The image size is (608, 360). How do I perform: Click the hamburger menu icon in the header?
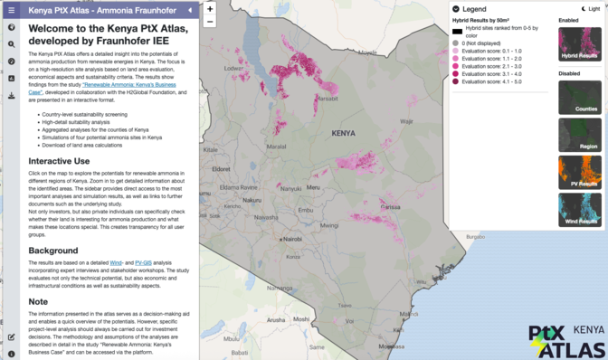coord(11,10)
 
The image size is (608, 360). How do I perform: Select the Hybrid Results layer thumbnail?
coord(579,44)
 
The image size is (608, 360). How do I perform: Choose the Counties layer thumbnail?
coord(579,98)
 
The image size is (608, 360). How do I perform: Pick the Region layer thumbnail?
coord(579,135)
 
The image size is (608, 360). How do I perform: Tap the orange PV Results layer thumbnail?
coord(579,172)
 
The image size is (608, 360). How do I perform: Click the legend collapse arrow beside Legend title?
coord(456,9)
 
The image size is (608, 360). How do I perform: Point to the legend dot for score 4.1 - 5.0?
coord(457,81)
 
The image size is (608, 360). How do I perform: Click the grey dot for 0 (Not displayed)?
coord(457,43)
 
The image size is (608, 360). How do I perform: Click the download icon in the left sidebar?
coord(11,95)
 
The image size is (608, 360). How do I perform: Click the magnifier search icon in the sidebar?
coord(11,43)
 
